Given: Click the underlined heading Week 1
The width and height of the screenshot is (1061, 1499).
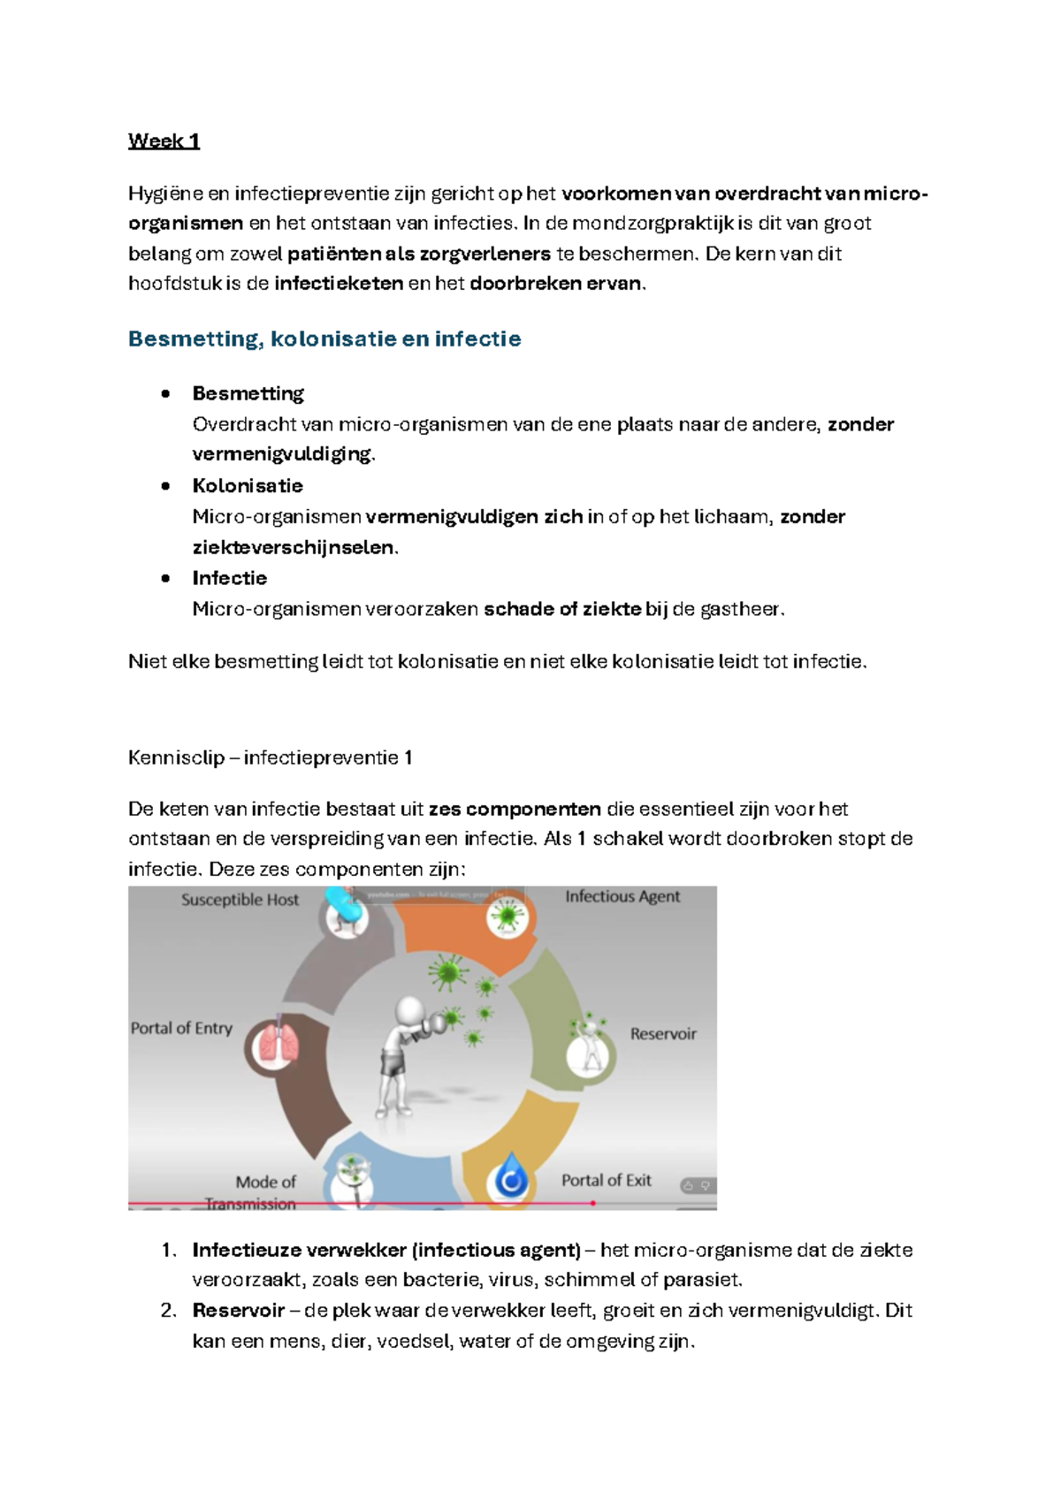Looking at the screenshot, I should [x=164, y=141].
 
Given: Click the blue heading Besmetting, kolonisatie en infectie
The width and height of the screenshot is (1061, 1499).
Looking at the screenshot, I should [x=324, y=339].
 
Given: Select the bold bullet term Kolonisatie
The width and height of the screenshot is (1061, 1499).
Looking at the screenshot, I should [x=248, y=485].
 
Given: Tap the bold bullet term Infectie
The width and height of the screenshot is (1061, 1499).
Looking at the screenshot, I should [x=230, y=578].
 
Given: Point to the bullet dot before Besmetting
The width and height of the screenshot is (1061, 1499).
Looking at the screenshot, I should [x=165, y=394].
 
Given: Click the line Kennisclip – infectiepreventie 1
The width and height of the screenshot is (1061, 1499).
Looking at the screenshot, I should [x=270, y=757].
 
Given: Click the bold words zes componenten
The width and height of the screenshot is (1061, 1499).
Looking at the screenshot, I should [x=515, y=809].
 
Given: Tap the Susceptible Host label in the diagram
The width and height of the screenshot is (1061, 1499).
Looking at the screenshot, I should [x=240, y=900].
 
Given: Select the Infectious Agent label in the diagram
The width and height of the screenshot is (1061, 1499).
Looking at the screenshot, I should [x=622, y=896].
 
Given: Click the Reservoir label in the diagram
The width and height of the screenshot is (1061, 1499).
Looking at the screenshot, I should [x=663, y=1033].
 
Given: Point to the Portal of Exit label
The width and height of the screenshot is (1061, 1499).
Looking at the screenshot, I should [x=607, y=1180].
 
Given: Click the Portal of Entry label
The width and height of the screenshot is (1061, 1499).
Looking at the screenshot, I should [x=181, y=1028].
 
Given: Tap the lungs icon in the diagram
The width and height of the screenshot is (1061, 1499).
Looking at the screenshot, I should [x=276, y=1046].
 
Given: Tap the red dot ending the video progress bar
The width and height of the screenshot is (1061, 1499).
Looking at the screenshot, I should [x=593, y=1203].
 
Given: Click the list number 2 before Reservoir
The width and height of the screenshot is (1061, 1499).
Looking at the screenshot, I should [x=169, y=1310].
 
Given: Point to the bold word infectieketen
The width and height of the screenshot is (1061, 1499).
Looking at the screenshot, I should [x=339, y=284].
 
